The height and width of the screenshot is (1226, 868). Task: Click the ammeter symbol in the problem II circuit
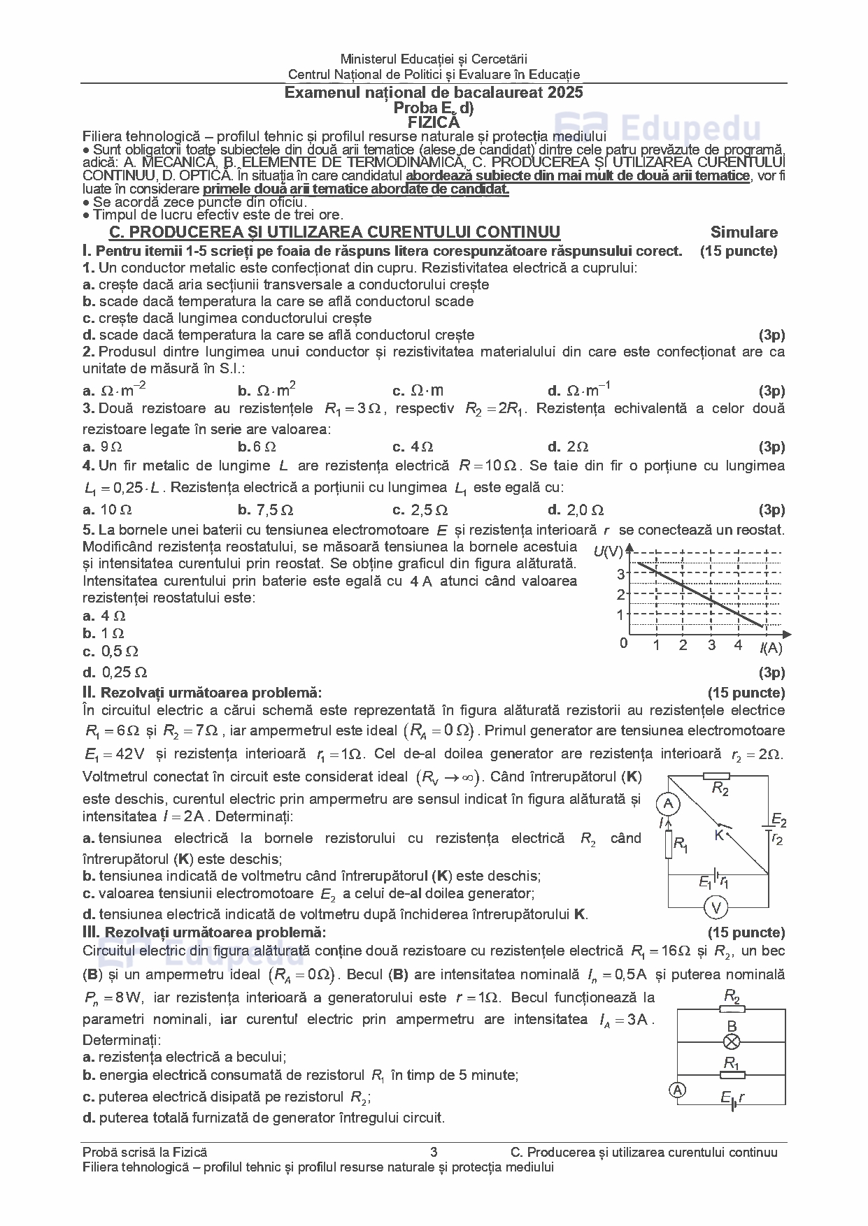click(668, 805)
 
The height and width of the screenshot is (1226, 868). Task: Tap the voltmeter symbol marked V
click(716, 907)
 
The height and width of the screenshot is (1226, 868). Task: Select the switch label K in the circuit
click(718, 835)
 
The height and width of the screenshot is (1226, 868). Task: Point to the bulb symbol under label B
click(732, 1042)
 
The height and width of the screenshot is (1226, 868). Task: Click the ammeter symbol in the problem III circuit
click(676, 1089)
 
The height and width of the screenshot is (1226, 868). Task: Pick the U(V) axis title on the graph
click(609, 551)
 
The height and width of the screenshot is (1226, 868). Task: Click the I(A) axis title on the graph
click(771, 648)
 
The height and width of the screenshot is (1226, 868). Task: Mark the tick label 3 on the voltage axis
click(620, 575)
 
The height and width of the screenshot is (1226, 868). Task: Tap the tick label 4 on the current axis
click(738, 645)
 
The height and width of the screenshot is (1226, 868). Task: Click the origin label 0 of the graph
click(623, 643)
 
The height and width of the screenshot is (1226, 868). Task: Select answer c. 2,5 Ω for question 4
click(420, 510)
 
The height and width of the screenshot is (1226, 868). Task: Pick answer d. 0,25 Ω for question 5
click(115, 672)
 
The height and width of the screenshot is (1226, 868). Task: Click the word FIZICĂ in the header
click(434, 122)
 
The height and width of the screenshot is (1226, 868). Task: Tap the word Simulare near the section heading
click(744, 232)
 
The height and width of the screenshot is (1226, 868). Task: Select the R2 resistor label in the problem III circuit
click(732, 995)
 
